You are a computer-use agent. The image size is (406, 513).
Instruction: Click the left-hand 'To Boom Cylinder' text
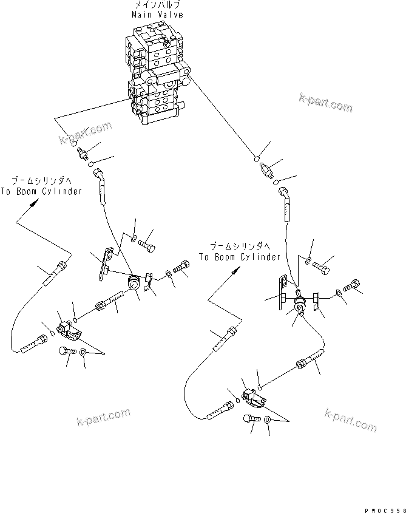(46, 192)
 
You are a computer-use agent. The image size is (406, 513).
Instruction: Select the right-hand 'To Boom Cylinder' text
(239, 257)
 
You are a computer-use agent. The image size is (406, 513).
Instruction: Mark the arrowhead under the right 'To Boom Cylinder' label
(232, 274)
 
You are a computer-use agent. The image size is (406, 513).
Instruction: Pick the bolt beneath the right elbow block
(249, 420)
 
